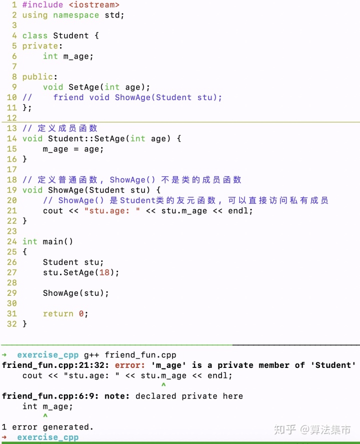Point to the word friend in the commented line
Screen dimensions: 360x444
pos(68,98)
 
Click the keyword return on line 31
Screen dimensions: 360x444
pos(58,314)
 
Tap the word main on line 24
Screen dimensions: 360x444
pos(53,242)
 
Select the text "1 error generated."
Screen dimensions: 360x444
pos(47,427)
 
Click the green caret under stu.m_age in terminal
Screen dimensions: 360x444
pos(163,385)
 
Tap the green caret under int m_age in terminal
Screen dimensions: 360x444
pos(45,416)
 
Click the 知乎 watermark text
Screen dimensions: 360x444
pos(285,429)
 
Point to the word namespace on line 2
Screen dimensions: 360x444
pos(76,15)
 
